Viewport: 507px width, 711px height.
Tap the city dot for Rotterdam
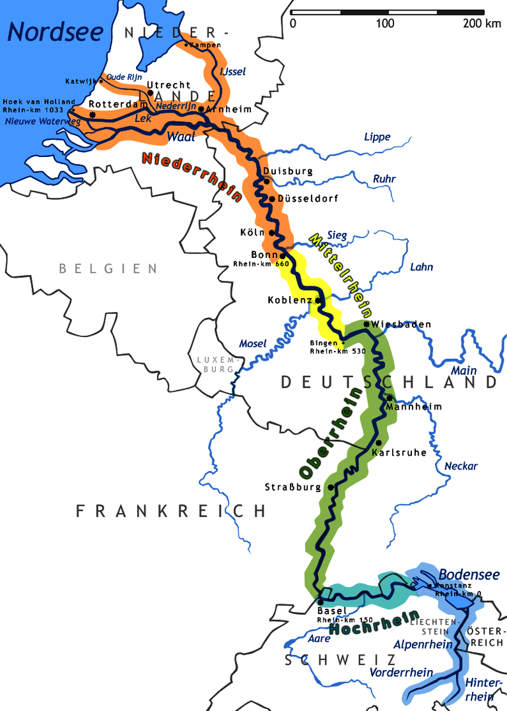[92, 115]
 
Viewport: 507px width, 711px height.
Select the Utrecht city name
[168, 85]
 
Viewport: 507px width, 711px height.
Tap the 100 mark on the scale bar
[385, 24]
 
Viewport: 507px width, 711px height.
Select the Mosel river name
[252, 344]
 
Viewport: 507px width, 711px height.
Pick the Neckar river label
[460, 466]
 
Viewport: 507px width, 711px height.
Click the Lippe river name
[377, 137]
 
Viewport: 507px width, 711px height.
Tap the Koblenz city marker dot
[318, 300]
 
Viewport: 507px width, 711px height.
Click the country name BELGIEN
[108, 268]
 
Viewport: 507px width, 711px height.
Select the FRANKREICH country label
[170, 510]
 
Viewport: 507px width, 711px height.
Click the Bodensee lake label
[469, 574]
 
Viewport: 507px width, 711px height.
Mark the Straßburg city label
[292, 487]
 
